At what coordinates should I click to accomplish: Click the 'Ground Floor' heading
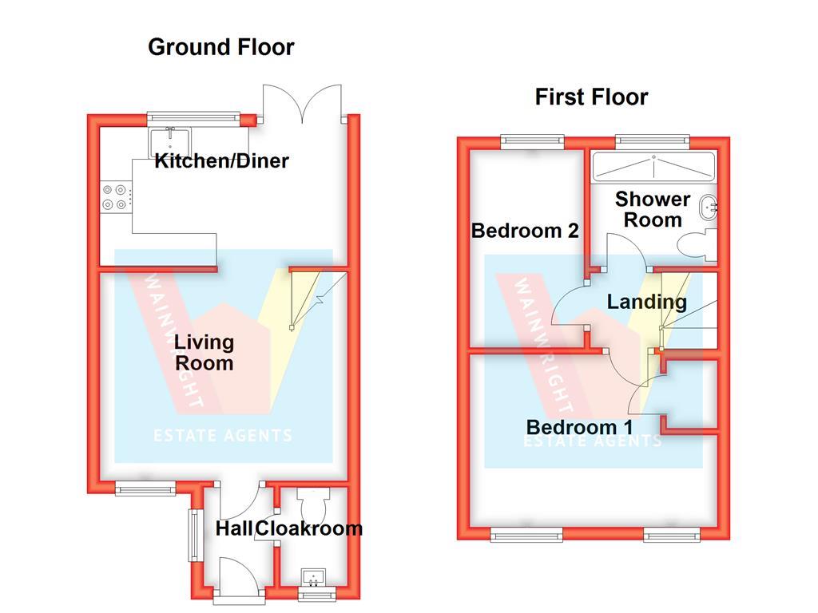pos(221,47)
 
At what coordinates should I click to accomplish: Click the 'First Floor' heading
pos(591,97)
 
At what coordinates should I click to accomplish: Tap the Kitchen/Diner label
pos(221,161)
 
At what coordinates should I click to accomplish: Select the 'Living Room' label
pos(204,353)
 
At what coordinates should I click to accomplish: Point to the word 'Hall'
pos(234,528)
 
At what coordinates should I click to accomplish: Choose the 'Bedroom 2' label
pos(525,231)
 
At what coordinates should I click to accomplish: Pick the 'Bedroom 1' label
pos(579,427)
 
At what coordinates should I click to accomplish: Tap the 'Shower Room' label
pos(653,209)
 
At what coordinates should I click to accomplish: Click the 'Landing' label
pos(646,302)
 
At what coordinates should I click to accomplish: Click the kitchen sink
pos(168,141)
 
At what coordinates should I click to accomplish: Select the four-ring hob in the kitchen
pos(114,197)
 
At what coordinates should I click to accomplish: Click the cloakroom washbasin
pos(312,576)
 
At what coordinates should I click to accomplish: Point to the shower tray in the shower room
pos(653,167)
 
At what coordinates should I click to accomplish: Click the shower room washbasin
pos(706,208)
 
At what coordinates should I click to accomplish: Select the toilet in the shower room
pos(695,243)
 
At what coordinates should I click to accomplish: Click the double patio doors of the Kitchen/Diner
pos(304,104)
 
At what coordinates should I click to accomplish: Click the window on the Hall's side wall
pos(193,535)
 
